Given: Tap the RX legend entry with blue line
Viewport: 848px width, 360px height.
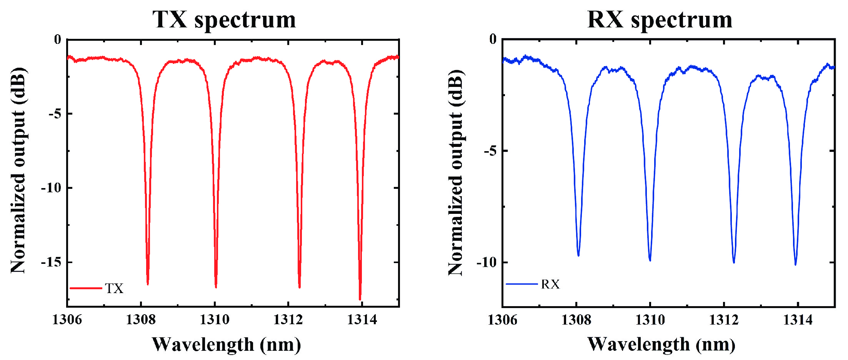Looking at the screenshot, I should click(x=533, y=284).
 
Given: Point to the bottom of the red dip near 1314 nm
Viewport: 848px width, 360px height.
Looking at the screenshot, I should click(x=360, y=299).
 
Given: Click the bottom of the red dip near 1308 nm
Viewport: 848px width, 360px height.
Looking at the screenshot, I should click(x=148, y=284).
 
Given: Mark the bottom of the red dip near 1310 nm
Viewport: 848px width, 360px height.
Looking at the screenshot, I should click(x=216, y=287).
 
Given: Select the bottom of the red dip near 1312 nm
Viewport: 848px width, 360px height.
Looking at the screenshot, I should click(x=300, y=287).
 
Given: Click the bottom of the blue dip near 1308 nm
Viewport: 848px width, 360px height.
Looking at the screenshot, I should click(x=578, y=255).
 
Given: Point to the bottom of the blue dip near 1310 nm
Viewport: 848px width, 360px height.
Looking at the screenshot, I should click(x=650, y=260).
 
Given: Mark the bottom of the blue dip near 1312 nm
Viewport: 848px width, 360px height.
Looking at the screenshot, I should click(x=734, y=262).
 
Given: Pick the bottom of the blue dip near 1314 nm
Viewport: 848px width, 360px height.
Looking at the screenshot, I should click(x=795, y=264).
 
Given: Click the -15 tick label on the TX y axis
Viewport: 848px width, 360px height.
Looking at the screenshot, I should click(x=51, y=262).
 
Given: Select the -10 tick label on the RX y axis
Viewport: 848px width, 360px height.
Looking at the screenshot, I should click(x=486, y=262).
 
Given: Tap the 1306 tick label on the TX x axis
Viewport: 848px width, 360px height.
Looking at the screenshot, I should click(x=67, y=319).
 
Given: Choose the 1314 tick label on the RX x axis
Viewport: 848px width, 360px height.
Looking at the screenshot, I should click(x=798, y=320).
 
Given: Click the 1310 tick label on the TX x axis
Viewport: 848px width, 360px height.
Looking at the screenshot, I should click(x=215, y=319).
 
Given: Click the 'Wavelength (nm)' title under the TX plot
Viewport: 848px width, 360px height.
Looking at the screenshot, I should click(x=226, y=344).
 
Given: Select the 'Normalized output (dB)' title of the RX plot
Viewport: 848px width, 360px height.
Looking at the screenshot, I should click(x=456, y=172).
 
